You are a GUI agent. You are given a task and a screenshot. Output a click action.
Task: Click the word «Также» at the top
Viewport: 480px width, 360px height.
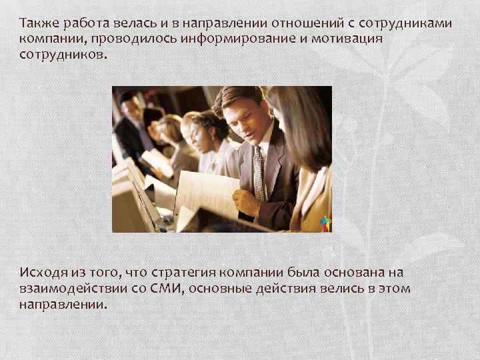point(38,24)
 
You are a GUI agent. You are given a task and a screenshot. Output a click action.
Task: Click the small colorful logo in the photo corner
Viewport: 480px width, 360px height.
point(325,224)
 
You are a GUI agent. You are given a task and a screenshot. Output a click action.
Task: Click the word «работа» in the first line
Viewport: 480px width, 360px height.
point(87,24)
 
